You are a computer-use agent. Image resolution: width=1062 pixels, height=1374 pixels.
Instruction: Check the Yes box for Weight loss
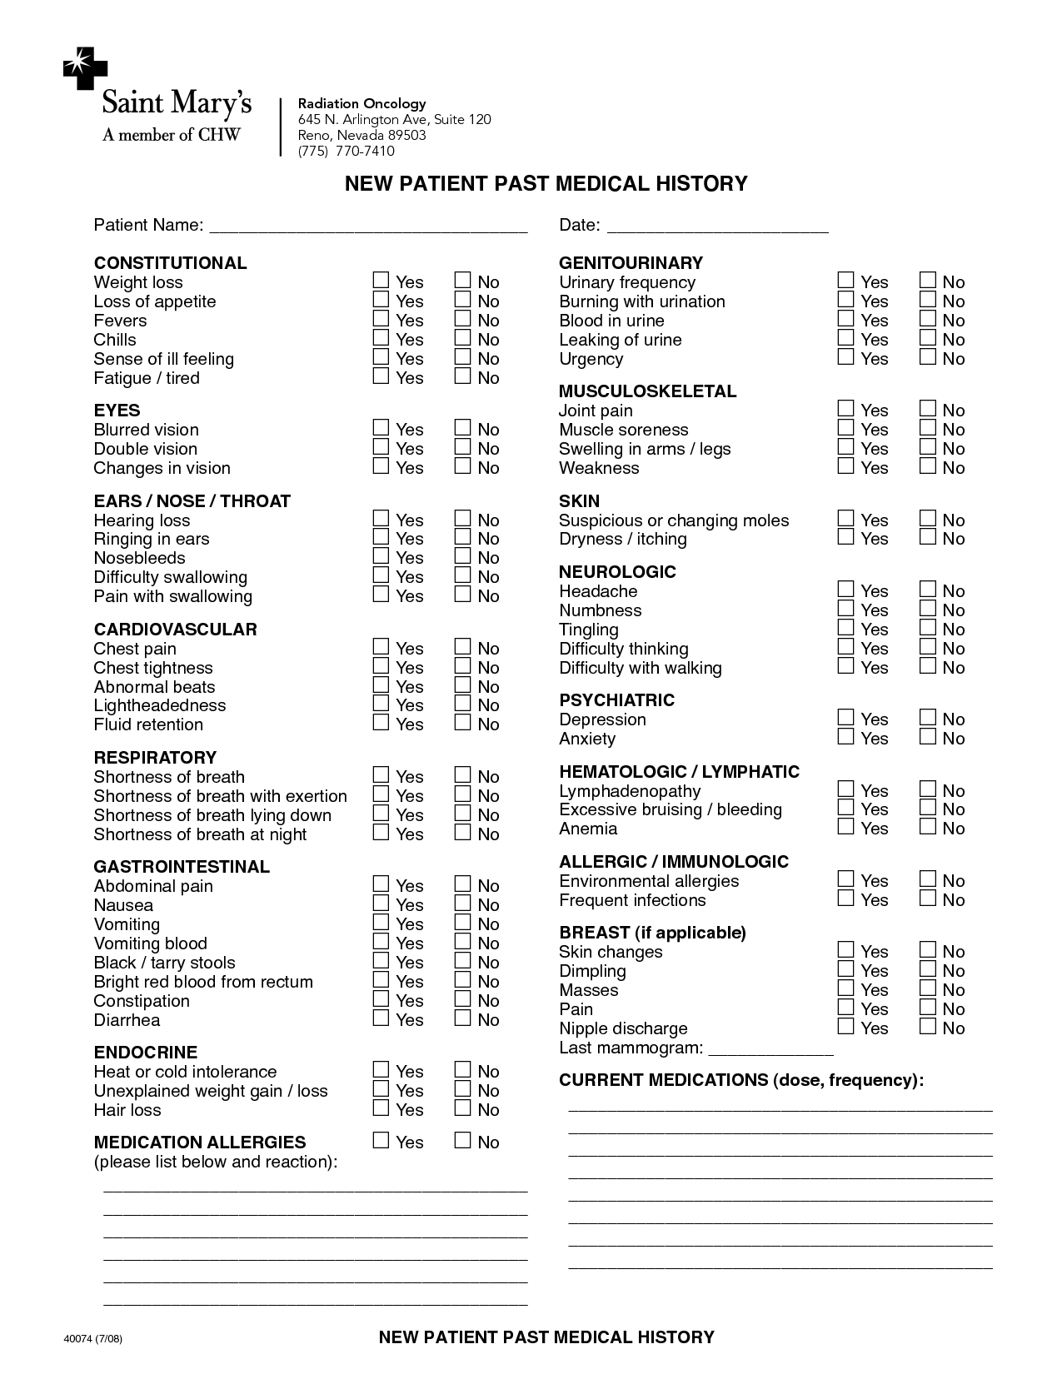[x=381, y=281]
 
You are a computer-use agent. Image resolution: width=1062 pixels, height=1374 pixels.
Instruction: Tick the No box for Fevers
[x=463, y=319]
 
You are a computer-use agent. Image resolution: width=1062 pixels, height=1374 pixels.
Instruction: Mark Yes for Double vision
[x=381, y=447]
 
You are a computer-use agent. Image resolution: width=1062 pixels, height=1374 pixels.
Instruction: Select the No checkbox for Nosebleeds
[x=463, y=556]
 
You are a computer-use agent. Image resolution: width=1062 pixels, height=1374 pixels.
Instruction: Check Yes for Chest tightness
[x=381, y=666]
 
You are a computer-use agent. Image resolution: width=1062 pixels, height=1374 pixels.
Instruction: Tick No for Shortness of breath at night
[x=463, y=833]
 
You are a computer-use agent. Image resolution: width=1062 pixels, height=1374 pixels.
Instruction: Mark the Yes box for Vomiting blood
[x=381, y=942]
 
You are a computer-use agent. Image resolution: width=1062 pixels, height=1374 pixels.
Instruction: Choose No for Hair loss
[x=463, y=1108]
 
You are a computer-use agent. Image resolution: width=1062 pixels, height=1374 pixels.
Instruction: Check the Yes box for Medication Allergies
[x=381, y=1141]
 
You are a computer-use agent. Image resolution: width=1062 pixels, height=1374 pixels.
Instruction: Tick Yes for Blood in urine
[x=846, y=319]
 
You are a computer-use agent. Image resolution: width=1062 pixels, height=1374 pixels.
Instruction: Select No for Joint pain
[x=928, y=409]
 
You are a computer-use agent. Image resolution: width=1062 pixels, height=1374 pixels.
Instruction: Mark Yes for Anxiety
[x=846, y=737]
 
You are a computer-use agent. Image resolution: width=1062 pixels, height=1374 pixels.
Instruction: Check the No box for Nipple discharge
[x=928, y=1027]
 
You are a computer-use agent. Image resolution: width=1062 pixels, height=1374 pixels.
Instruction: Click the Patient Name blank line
[x=367, y=227]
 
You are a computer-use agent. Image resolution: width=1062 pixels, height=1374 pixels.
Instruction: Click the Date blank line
[x=717, y=227]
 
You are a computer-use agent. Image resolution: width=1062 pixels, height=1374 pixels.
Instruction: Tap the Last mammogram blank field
[x=770, y=1049]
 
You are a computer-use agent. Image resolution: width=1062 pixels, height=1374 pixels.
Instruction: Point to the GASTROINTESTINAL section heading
[x=182, y=867]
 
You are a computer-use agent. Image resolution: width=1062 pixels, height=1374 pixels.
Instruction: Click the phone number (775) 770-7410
[x=347, y=152]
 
